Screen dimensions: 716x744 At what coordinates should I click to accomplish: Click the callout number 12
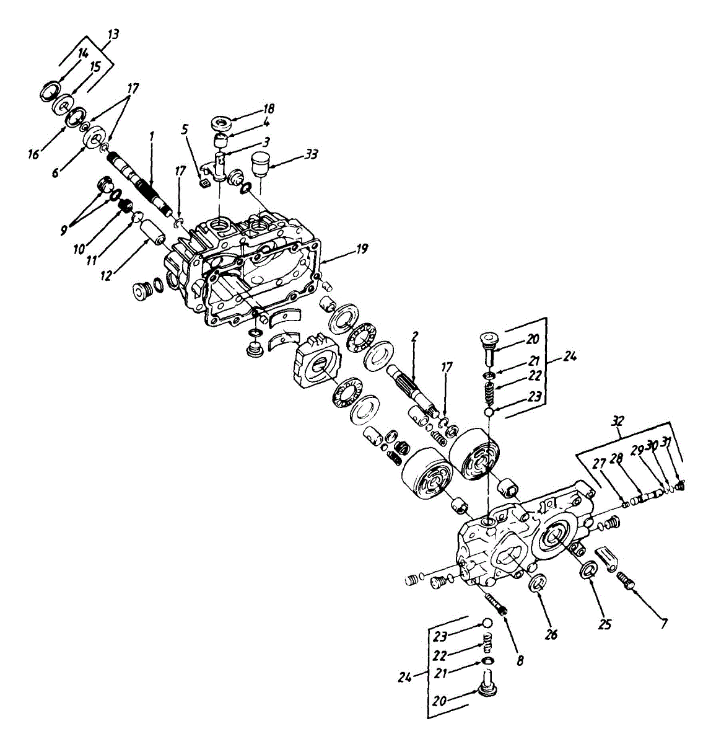106,275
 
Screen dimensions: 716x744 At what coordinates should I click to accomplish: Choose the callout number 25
604,624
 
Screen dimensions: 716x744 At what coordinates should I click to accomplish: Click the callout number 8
519,661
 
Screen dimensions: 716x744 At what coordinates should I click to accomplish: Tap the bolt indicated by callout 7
627,581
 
